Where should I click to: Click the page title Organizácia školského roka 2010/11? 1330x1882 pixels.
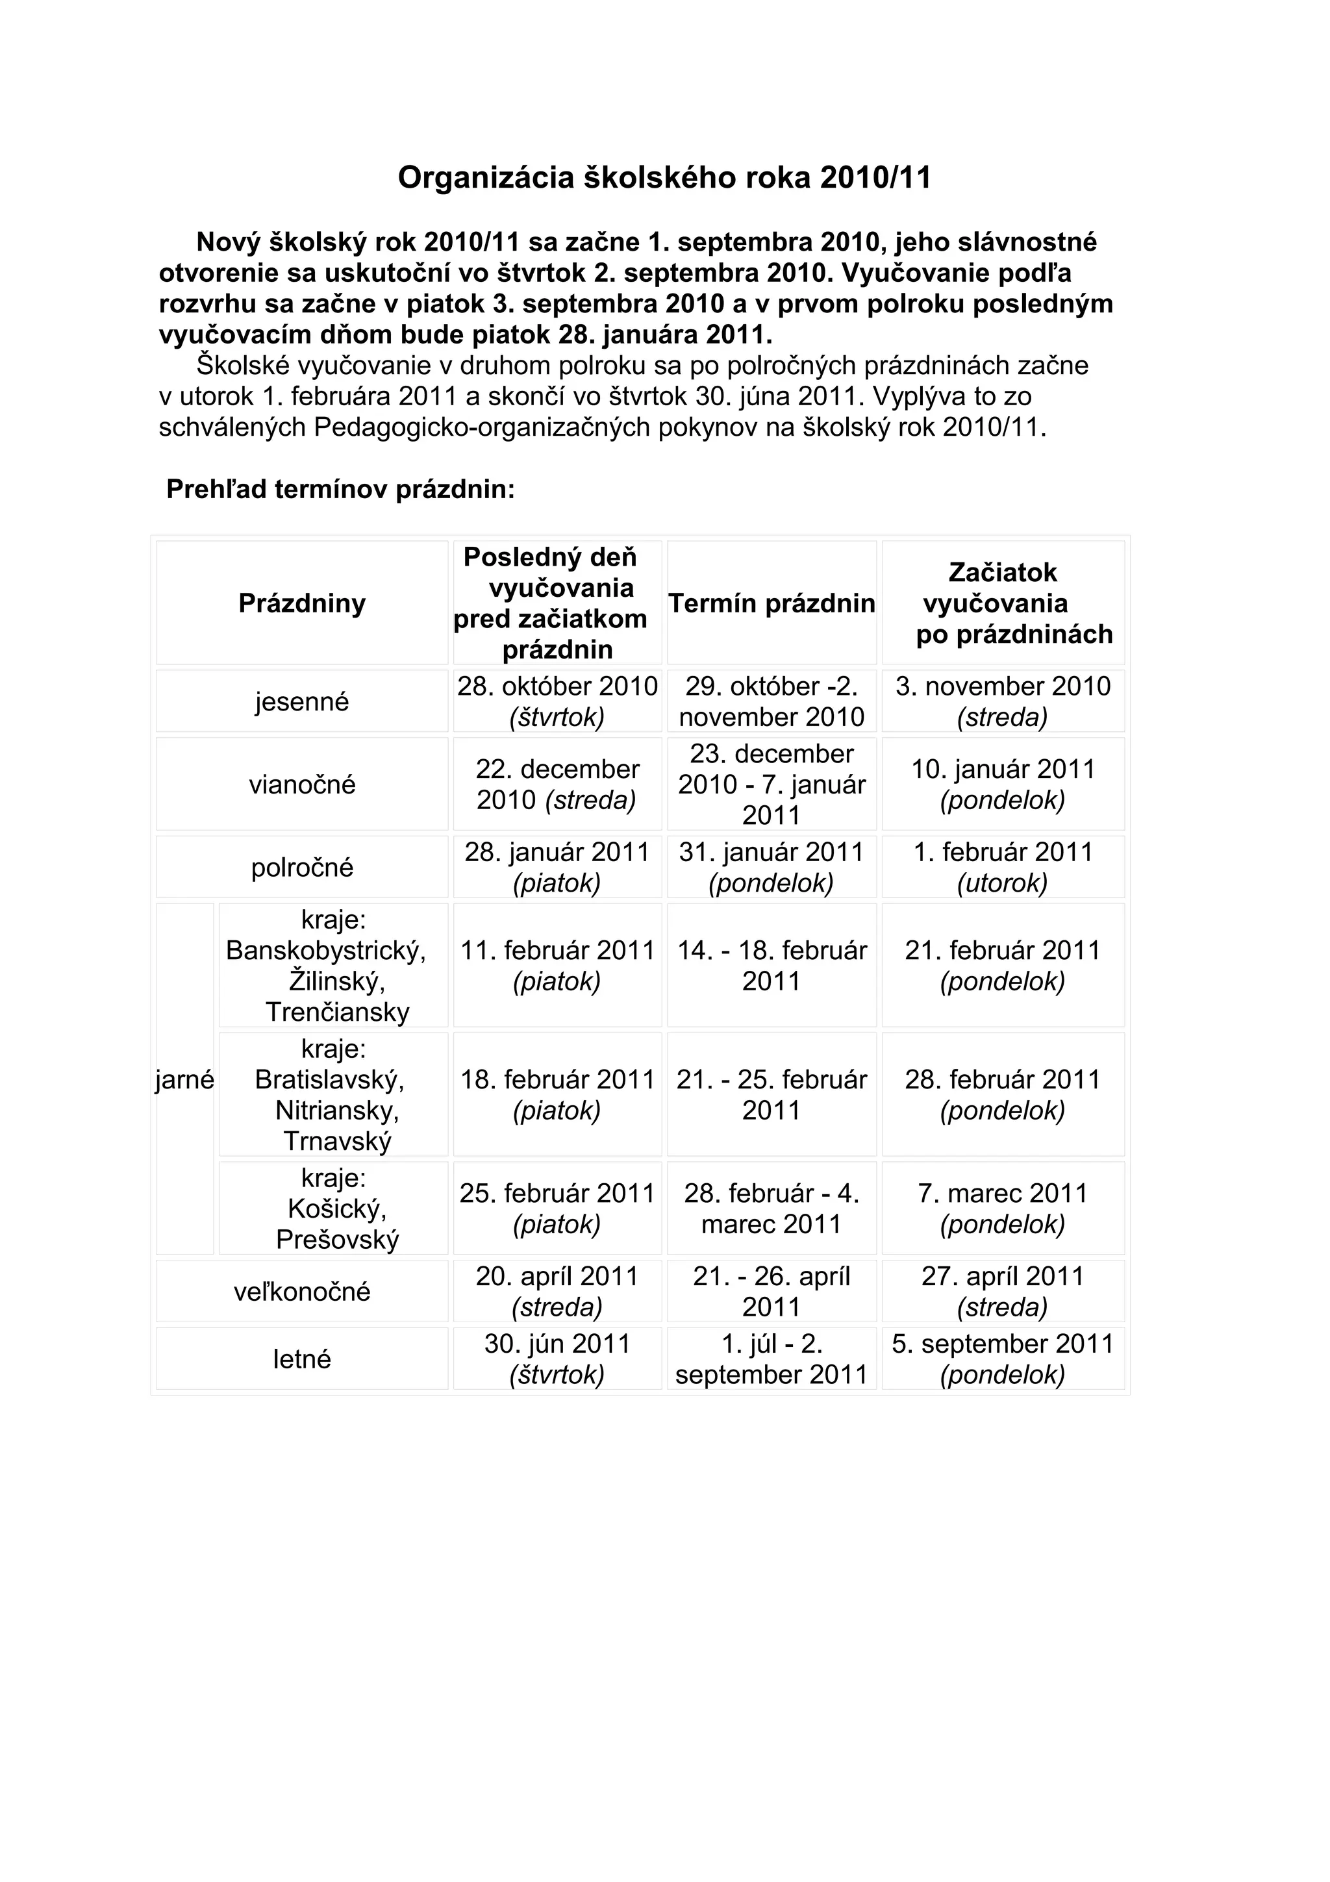pyautogui.click(x=664, y=178)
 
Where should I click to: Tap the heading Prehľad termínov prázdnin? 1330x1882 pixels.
pyautogui.click(x=340, y=490)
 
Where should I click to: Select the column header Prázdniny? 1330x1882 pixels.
pyautogui.click(x=301, y=603)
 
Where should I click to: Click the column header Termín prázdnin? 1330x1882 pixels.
pyautogui.click(x=771, y=603)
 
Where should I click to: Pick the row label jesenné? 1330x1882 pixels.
pyautogui.click(x=301, y=701)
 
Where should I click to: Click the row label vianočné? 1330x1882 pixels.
pyautogui.click(x=301, y=784)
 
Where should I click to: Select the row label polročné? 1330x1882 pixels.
pyautogui.click(x=301, y=867)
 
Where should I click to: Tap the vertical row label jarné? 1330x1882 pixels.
pyautogui.click(x=184, y=1079)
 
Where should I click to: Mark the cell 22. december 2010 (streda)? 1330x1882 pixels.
pyautogui.click(x=557, y=784)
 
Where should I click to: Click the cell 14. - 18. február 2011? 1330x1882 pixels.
pyautogui.click(x=771, y=966)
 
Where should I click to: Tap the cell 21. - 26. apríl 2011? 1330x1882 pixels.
pyautogui.click(x=771, y=1291)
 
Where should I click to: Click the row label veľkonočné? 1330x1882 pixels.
pyautogui.click(x=301, y=1292)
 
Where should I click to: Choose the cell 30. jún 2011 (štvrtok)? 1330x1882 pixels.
pyautogui.click(x=557, y=1359)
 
